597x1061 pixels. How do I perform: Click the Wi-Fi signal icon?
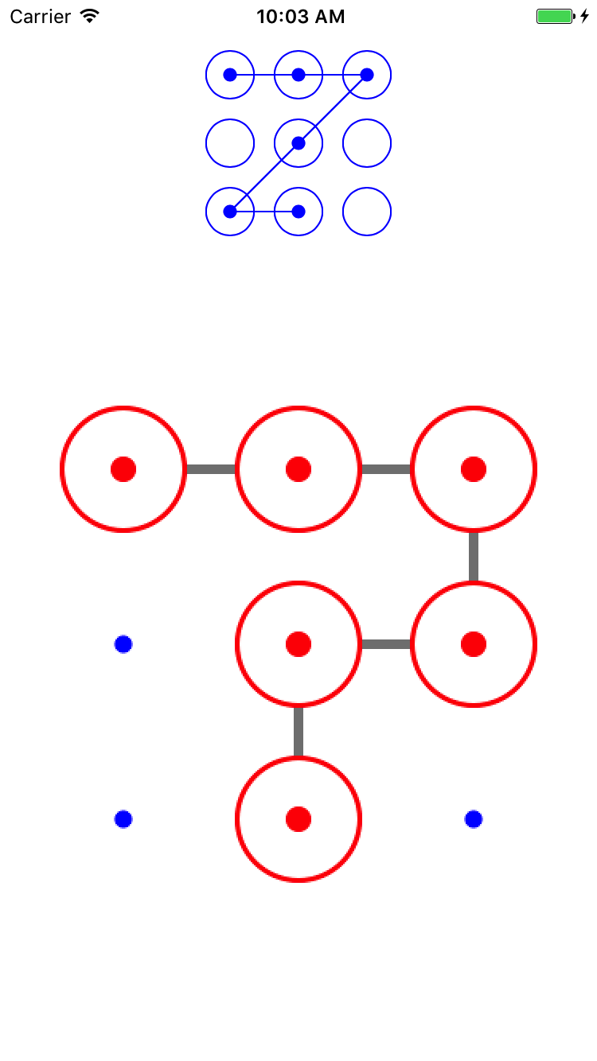(x=90, y=16)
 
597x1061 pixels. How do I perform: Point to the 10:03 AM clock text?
(x=300, y=17)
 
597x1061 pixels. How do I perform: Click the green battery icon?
(x=554, y=17)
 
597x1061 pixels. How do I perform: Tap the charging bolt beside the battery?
(x=584, y=17)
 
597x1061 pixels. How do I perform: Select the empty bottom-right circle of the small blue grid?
(x=367, y=212)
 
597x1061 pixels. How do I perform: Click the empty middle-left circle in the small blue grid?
(x=230, y=143)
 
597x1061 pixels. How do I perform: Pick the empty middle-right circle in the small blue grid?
(x=367, y=143)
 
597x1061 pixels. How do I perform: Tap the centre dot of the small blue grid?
(x=298, y=143)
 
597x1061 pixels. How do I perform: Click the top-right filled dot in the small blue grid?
(x=367, y=75)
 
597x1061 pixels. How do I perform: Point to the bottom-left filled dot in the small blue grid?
(x=230, y=212)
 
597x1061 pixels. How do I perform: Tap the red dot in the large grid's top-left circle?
(x=123, y=469)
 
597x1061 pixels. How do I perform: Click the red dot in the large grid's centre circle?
(x=298, y=643)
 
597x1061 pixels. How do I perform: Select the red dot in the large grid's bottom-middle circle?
(x=298, y=818)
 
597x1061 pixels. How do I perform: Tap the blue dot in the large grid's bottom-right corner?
(x=474, y=818)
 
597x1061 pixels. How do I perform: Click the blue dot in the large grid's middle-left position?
(x=123, y=643)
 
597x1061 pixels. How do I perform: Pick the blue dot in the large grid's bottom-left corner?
(x=123, y=818)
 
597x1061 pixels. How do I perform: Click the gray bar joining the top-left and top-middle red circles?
(x=211, y=469)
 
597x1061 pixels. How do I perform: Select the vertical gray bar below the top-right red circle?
(x=474, y=557)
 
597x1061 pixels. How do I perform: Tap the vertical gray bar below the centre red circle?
(x=298, y=732)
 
